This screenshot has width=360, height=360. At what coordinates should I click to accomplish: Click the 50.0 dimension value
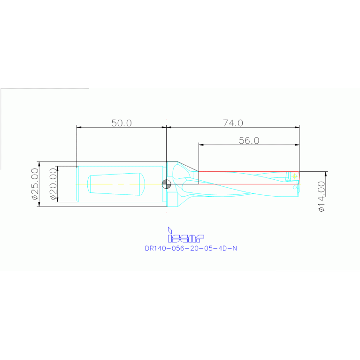(122, 123)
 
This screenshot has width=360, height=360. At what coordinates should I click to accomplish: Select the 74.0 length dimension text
(233, 123)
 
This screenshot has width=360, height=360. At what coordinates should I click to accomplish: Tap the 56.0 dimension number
(249, 140)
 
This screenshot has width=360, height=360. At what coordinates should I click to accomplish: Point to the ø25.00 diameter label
(34, 184)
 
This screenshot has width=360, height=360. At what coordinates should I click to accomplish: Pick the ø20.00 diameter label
(53, 184)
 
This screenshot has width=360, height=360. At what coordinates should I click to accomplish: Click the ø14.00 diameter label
(322, 196)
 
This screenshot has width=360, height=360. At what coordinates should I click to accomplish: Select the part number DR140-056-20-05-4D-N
(191, 249)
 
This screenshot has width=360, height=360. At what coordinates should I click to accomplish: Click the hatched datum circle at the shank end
(166, 184)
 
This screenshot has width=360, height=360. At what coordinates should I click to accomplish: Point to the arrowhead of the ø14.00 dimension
(326, 174)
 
